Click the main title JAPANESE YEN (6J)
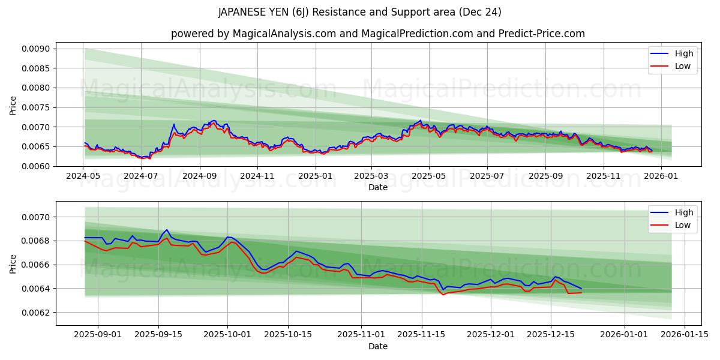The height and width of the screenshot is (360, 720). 360,12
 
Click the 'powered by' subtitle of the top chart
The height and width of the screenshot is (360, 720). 378,34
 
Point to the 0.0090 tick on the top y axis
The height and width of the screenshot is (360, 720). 37,49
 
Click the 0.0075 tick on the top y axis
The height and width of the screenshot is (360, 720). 37,107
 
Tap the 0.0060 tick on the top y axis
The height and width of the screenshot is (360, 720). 37,166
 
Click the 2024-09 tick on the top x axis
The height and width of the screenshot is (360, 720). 199,176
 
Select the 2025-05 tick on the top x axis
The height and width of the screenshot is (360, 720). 428,176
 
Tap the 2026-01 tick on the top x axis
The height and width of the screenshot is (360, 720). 661,176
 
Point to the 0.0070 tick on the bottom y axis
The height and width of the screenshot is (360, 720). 37,217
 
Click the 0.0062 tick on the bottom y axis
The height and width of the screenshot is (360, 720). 37,313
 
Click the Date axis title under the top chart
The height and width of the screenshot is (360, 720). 378,187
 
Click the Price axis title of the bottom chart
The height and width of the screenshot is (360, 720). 13,263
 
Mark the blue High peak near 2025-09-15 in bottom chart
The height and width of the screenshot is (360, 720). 167,230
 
